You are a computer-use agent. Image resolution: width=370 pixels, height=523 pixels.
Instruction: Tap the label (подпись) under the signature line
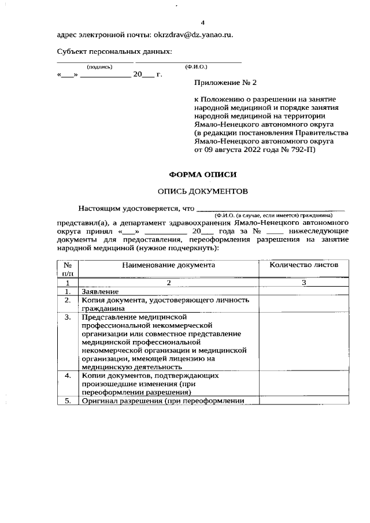[x=99, y=67]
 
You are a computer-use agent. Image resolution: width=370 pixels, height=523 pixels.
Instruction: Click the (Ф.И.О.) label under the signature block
[x=196, y=67]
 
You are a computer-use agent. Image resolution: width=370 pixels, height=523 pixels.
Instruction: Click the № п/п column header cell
[x=68, y=269]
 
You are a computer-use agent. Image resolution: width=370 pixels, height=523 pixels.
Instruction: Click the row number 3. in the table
[x=68, y=317]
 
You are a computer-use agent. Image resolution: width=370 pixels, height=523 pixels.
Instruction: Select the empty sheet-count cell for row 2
[x=304, y=304]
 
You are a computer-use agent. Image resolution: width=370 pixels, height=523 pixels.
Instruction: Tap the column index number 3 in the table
[x=304, y=283]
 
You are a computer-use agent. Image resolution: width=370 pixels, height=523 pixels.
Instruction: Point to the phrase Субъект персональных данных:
[x=114, y=52]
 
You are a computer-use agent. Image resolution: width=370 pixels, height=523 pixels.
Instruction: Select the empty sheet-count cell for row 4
[x=304, y=384]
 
